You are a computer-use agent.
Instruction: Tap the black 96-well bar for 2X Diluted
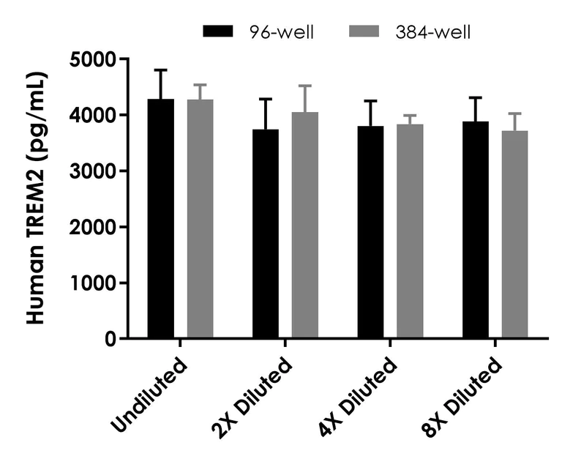click(x=266, y=234)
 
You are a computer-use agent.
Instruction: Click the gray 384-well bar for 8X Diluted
click(x=515, y=234)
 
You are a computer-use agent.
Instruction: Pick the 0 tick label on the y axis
click(x=109, y=339)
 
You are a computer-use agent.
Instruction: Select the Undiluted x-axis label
click(x=151, y=392)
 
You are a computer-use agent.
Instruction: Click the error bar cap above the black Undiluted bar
click(x=161, y=70)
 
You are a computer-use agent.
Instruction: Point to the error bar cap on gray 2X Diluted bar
click(x=305, y=86)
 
